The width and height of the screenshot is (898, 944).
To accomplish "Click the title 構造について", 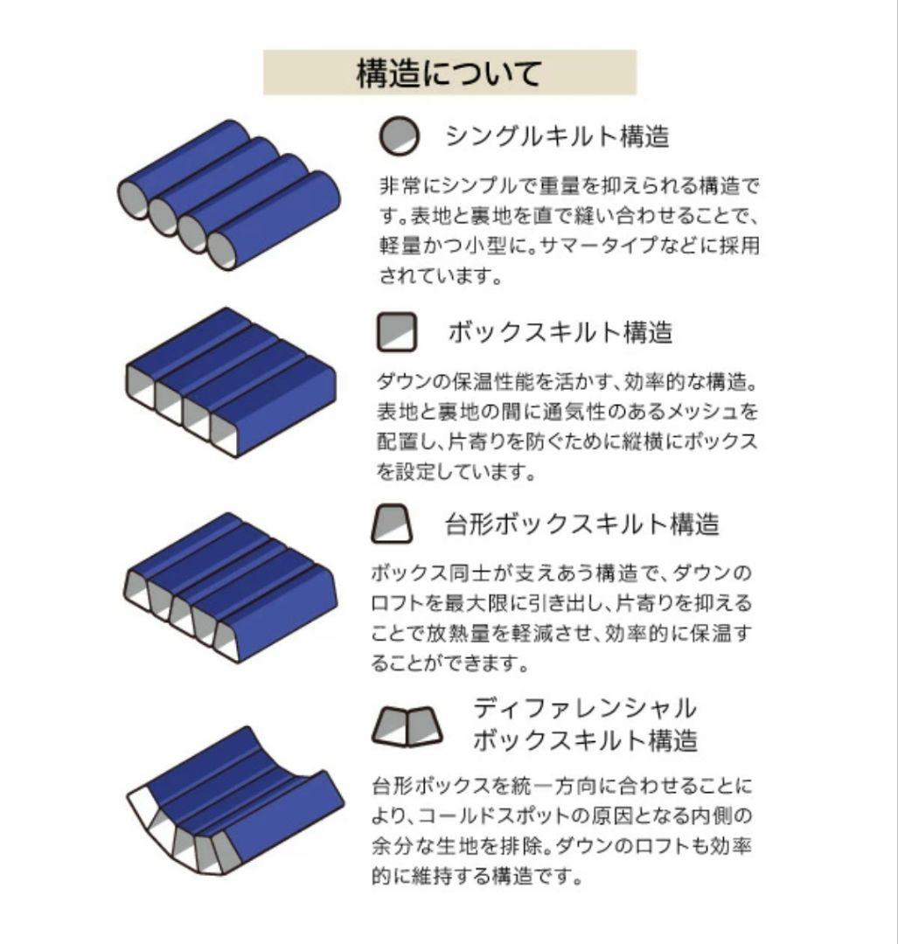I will (449, 73).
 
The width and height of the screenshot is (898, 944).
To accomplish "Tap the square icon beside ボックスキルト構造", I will (397, 332).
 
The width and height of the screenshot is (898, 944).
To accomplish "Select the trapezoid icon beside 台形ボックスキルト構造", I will (392, 524).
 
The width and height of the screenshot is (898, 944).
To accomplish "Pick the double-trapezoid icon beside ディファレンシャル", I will (404, 725).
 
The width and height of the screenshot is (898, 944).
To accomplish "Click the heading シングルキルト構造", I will (557, 136).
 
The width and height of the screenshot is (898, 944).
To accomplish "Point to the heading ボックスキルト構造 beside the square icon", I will (560, 332).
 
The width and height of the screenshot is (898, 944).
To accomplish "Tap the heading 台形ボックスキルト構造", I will (581, 524).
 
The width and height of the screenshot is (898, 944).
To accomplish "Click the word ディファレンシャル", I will (584, 707).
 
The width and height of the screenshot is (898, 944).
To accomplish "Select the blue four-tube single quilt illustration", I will (229, 194).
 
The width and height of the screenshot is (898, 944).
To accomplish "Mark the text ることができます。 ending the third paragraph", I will (449, 664).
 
